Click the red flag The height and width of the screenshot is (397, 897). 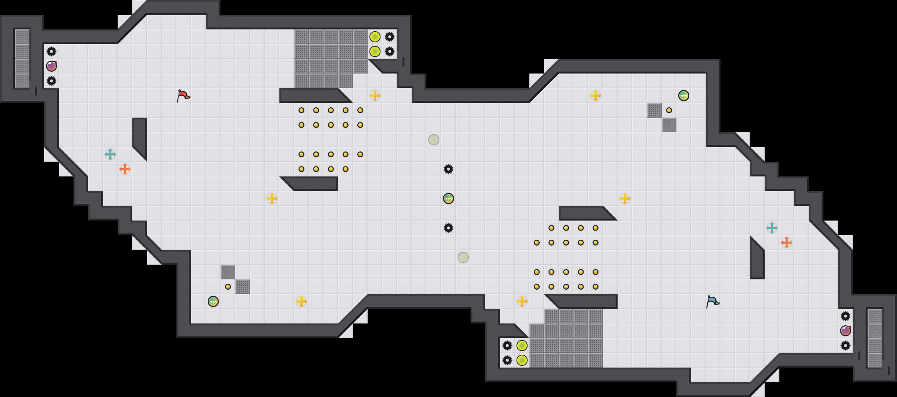click(183, 96)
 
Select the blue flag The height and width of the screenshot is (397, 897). click(712, 301)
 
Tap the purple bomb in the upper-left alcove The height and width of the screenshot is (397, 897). click(51, 66)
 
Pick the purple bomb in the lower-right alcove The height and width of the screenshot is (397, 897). click(846, 331)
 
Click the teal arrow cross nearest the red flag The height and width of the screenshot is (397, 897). click(110, 154)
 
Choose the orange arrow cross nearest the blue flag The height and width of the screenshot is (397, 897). click(787, 243)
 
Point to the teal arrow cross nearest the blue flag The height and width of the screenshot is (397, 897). click(772, 228)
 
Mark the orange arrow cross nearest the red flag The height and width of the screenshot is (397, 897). click(125, 169)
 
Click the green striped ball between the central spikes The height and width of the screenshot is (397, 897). click(448, 198)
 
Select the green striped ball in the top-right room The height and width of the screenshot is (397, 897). click(684, 96)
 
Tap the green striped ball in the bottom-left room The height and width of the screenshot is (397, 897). click(213, 301)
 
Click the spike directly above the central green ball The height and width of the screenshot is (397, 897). click(448, 169)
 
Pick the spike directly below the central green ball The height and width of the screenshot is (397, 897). click(448, 228)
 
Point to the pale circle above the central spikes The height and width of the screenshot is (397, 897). click(434, 140)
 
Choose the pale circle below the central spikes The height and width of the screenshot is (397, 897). click(463, 257)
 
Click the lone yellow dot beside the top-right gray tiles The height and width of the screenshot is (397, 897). click(669, 110)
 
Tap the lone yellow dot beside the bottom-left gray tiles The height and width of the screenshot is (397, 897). click(228, 287)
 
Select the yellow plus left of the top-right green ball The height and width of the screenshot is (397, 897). click(596, 96)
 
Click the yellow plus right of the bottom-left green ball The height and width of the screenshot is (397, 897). click(301, 301)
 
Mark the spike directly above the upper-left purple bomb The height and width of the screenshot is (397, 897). click(51, 51)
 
